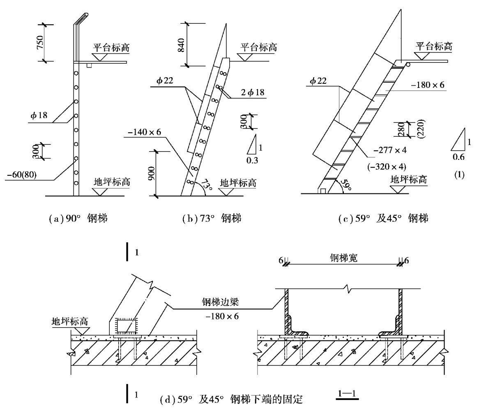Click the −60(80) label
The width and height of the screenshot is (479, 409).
tap(22, 174)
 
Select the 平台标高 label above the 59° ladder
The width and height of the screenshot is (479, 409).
tap(434, 46)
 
